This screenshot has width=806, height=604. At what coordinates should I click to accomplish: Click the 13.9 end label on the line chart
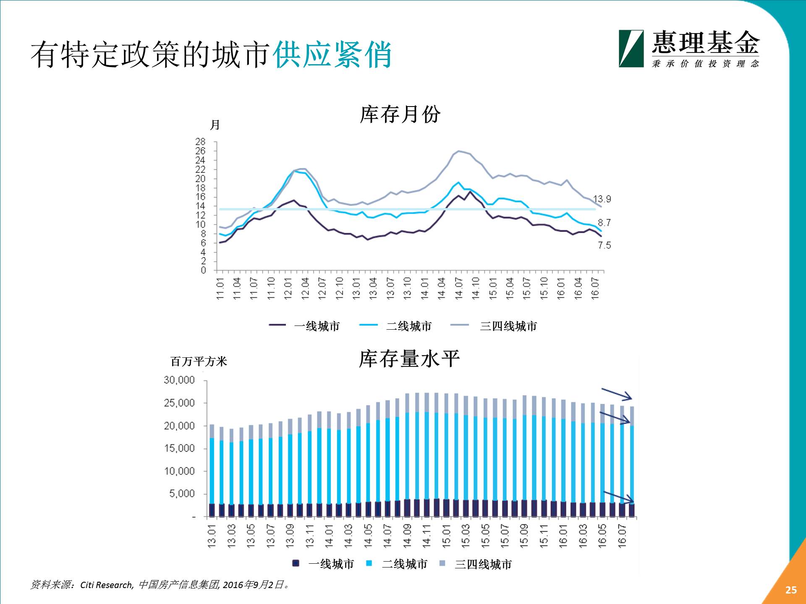coord(602,199)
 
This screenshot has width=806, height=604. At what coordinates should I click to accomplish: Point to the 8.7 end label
coord(604,223)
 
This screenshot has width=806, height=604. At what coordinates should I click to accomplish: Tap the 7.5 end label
coord(604,245)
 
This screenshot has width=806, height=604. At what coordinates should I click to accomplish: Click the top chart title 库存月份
coord(400,114)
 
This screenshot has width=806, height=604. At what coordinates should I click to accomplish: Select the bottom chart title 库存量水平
coord(409,359)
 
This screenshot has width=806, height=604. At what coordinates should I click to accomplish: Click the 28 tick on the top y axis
coord(200,141)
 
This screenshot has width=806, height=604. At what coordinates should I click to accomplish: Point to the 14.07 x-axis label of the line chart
coord(459,288)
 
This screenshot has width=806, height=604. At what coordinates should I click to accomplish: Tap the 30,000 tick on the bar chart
coord(179,380)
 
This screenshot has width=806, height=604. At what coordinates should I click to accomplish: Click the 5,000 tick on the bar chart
coord(182,494)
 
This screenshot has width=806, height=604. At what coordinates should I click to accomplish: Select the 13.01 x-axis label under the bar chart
coord(212,536)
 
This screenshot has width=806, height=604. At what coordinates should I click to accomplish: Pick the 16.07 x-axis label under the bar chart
coord(622,536)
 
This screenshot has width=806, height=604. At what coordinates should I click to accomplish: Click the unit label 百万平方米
coord(199,362)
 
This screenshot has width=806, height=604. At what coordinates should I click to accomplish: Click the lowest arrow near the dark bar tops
coord(618,497)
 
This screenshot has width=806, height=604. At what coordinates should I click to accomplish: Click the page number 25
coord(791,590)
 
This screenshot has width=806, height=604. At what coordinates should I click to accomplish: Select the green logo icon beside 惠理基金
coord(631,49)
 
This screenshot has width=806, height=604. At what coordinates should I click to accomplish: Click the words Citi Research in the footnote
coord(107,585)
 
